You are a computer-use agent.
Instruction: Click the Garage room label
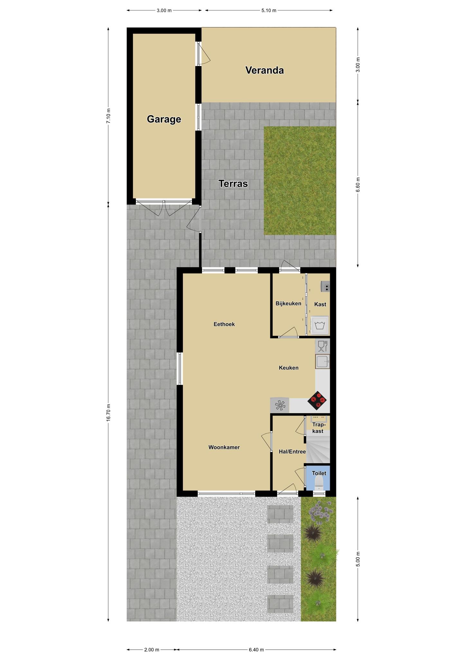[164, 119]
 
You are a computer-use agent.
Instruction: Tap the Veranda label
[265, 70]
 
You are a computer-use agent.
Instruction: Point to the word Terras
[233, 184]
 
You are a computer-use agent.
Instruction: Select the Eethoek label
[224, 324]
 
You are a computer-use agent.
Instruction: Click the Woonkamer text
[224, 447]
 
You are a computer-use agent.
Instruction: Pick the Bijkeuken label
[288, 304]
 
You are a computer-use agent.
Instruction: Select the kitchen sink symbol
[322, 361]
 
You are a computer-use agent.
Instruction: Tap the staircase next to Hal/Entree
[318, 448]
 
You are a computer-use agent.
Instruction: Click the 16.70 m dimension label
[108, 412]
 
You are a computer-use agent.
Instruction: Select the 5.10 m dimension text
[269, 10]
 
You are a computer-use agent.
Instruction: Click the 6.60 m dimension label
[358, 185]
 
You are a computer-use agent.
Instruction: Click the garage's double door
[164, 208]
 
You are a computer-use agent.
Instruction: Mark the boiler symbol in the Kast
[325, 286]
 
